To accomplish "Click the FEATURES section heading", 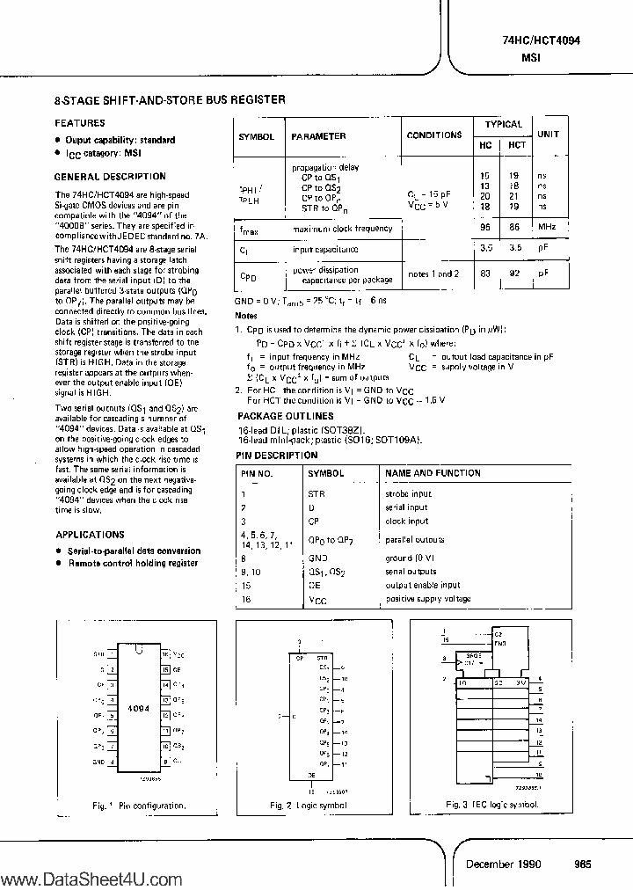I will point(80,123).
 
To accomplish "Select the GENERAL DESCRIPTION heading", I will point(110,177).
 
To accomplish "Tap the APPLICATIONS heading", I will point(90,535).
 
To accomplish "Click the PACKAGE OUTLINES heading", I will point(286,416).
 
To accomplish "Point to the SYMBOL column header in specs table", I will point(257,137).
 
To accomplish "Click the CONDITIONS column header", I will point(434,135).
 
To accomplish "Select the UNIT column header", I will point(549,135).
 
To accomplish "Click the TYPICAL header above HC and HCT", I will point(503,124).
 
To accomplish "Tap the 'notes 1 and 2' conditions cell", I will point(434,274).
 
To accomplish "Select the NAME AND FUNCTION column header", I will point(434,473).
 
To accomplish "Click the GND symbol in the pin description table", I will point(317,558).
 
